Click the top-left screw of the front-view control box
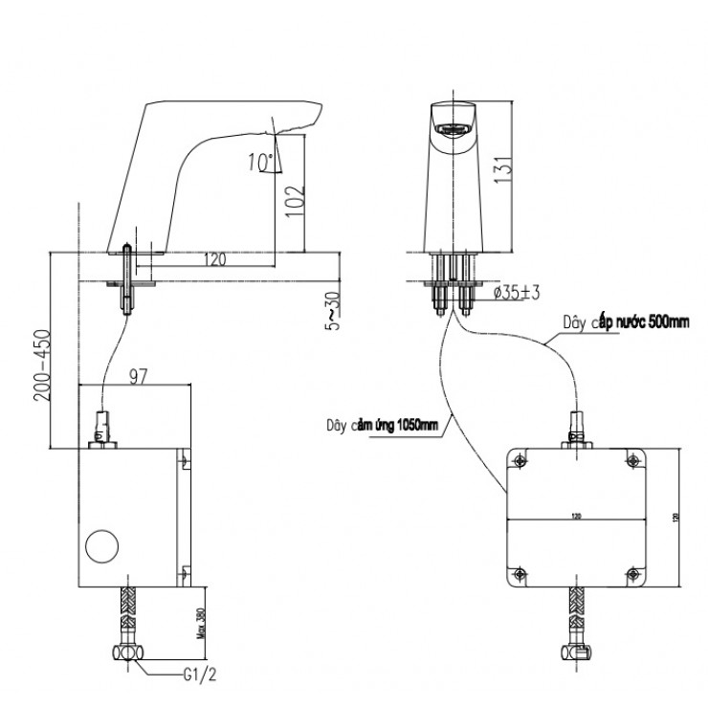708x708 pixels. pyautogui.click(x=519, y=462)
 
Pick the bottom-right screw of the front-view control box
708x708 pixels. pyautogui.click(x=632, y=574)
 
